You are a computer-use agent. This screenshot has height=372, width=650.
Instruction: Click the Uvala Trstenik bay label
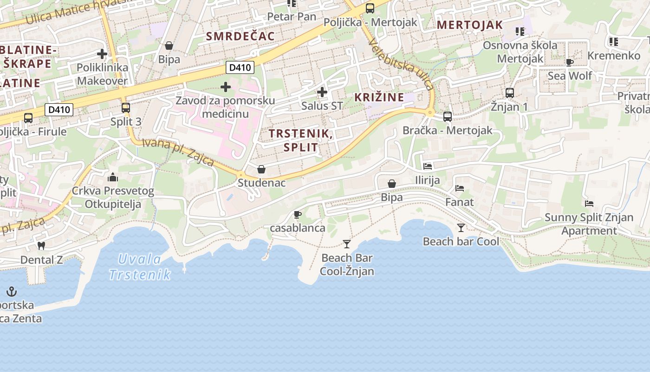pos(140,267)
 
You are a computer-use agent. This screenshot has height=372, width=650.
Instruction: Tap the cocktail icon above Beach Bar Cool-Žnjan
pos(346,244)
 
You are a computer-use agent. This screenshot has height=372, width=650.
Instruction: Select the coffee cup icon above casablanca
pos(298,214)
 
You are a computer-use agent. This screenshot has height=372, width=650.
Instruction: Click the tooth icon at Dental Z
pos(41,246)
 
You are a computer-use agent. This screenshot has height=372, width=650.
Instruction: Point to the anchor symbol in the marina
pos(12,292)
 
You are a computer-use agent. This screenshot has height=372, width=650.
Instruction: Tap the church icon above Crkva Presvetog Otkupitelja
pos(113,177)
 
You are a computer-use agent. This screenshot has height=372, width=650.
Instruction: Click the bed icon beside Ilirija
pos(428,166)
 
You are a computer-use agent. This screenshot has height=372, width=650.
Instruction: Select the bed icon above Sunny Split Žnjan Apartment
pos(589,203)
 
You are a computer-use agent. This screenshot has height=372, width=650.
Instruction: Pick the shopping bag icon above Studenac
pos(261,169)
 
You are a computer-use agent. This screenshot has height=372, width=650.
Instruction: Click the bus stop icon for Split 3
pos(125,108)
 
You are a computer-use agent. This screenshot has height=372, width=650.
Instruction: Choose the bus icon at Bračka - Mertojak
pos(448,117)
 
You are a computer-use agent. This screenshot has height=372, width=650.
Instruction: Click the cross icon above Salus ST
pos(322,92)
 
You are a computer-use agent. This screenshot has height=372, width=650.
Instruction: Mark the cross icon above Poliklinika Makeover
pos(102,54)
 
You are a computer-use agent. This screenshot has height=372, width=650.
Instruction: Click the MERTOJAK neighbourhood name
pos(470,25)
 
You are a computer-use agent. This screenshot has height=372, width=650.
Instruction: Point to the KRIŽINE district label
pos(379,97)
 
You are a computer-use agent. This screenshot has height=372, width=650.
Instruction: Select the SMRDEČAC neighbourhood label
pos(240,36)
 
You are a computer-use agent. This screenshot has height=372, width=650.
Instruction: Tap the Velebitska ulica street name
pos(402,64)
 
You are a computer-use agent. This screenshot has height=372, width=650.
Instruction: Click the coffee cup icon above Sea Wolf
pos(570,62)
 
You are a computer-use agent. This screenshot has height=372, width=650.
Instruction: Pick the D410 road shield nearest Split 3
pos(59,110)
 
